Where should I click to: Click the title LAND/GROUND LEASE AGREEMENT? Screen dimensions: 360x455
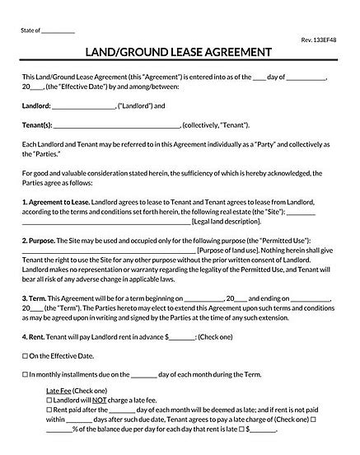[180, 53]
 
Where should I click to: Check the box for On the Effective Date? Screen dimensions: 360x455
[26, 356]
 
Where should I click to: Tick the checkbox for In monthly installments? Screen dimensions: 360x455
[26, 374]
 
